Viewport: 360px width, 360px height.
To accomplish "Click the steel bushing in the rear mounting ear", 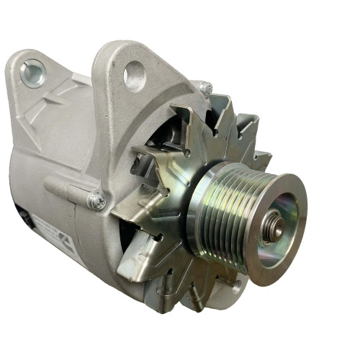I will pyautogui.click(x=32, y=73).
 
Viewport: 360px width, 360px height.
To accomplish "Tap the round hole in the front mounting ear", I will pyautogui.click(x=135, y=73).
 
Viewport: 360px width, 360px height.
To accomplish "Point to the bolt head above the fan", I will pyautogui.click(x=204, y=88).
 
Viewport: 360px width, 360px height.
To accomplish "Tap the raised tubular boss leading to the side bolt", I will pyautogui.click(x=68, y=189).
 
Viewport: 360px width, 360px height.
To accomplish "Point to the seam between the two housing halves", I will pyautogui.click(x=101, y=144).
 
